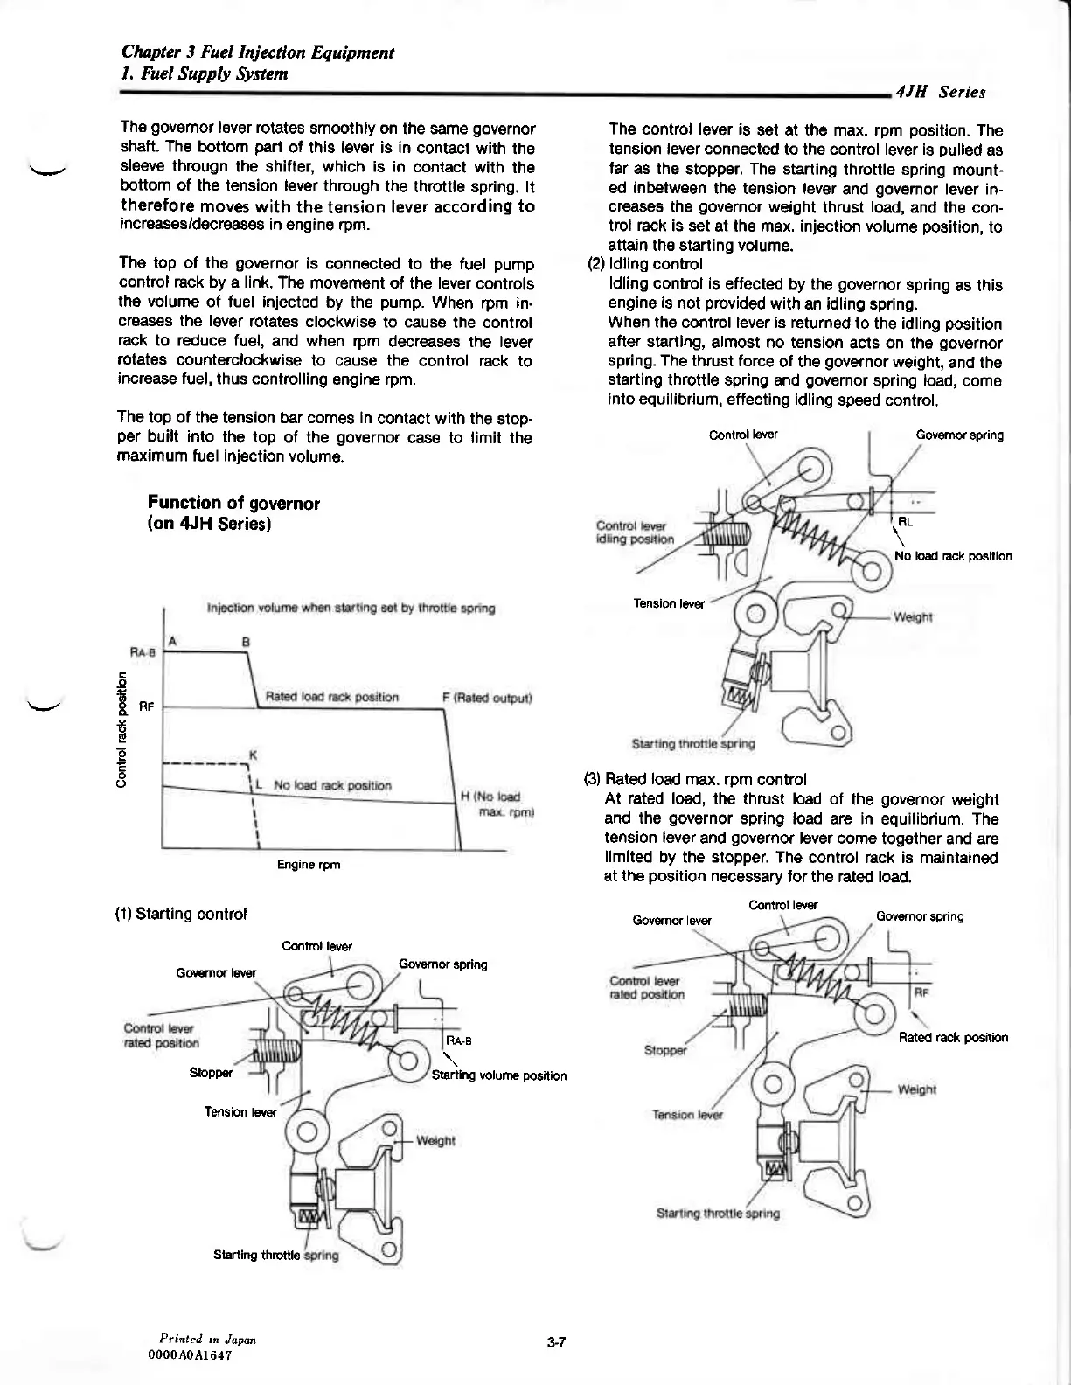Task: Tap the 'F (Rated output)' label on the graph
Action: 488,698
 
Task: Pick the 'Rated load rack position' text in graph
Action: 331,697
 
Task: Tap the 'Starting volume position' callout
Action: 499,1075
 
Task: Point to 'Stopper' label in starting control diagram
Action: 212,1072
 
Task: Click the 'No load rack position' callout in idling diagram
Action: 953,556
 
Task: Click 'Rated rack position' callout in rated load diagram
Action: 953,1038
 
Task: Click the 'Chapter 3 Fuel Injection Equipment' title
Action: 258,52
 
